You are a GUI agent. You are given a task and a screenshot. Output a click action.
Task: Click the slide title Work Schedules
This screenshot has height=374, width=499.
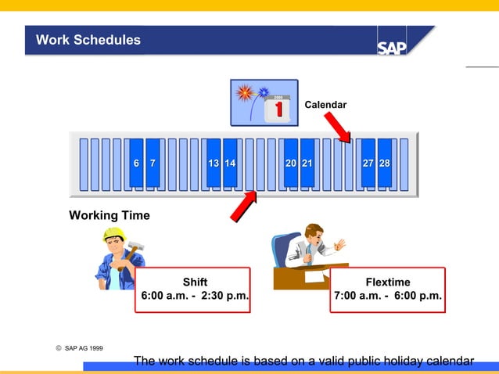[x=88, y=40]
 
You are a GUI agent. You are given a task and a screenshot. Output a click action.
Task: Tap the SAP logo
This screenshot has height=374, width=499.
[x=392, y=47]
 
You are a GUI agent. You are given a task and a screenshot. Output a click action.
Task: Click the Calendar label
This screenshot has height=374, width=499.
[x=325, y=104]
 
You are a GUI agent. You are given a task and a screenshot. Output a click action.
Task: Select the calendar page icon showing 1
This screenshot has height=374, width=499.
[x=278, y=108]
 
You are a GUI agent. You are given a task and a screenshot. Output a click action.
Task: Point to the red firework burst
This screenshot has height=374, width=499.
[x=245, y=93]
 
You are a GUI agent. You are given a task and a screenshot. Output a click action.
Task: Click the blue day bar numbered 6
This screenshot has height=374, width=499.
[x=136, y=164]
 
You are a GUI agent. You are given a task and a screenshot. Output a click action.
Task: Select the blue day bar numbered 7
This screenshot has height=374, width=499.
[x=153, y=164]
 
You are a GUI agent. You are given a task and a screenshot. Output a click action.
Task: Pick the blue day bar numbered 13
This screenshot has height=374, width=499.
[x=213, y=164]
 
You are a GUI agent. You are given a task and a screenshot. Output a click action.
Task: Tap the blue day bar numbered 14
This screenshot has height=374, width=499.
[x=230, y=164]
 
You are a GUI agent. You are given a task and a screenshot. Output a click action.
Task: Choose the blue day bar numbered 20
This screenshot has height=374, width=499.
[x=290, y=164]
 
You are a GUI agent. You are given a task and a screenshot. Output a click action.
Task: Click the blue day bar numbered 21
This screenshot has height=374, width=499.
[x=307, y=164]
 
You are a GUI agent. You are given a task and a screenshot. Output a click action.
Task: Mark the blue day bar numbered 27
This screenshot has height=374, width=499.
[x=368, y=164]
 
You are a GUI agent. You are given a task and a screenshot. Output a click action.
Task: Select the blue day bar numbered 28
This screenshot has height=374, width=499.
[x=385, y=164]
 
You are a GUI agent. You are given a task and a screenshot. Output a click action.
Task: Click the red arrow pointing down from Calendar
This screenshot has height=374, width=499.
[x=338, y=128]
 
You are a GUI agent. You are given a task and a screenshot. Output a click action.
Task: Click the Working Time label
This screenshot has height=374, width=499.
[x=109, y=215]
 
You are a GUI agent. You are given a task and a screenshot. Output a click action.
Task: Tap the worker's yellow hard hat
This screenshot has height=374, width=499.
[x=114, y=235]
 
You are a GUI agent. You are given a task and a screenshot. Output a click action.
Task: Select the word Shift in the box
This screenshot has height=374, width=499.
[x=195, y=282]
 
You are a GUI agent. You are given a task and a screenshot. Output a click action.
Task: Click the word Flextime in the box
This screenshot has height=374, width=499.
[x=388, y=282]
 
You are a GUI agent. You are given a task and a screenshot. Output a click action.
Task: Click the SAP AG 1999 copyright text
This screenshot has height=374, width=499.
[x=83, y=347]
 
